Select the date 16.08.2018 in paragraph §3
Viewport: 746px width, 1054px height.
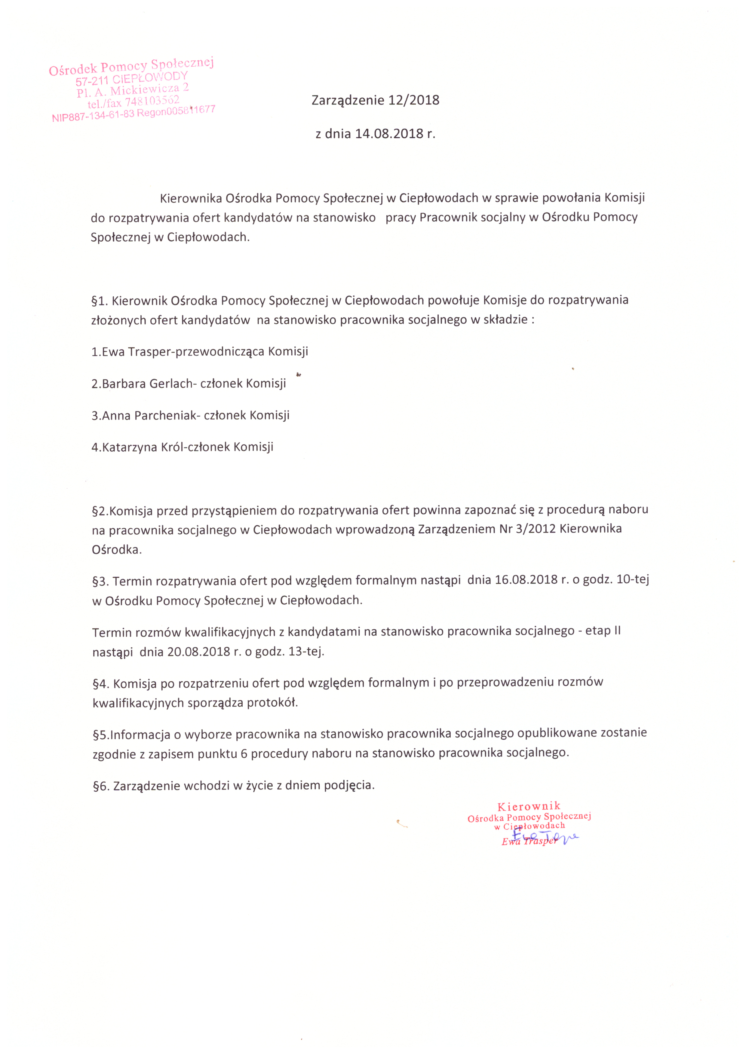pyautogui.click(x=526, y=580)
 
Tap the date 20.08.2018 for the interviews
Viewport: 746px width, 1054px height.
pyautogui.click(x=198, y=652)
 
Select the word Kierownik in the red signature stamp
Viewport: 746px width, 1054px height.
pyautogui.click(x=529, y=807)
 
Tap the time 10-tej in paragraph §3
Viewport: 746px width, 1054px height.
pyautogui.click(x=633, y=579)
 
